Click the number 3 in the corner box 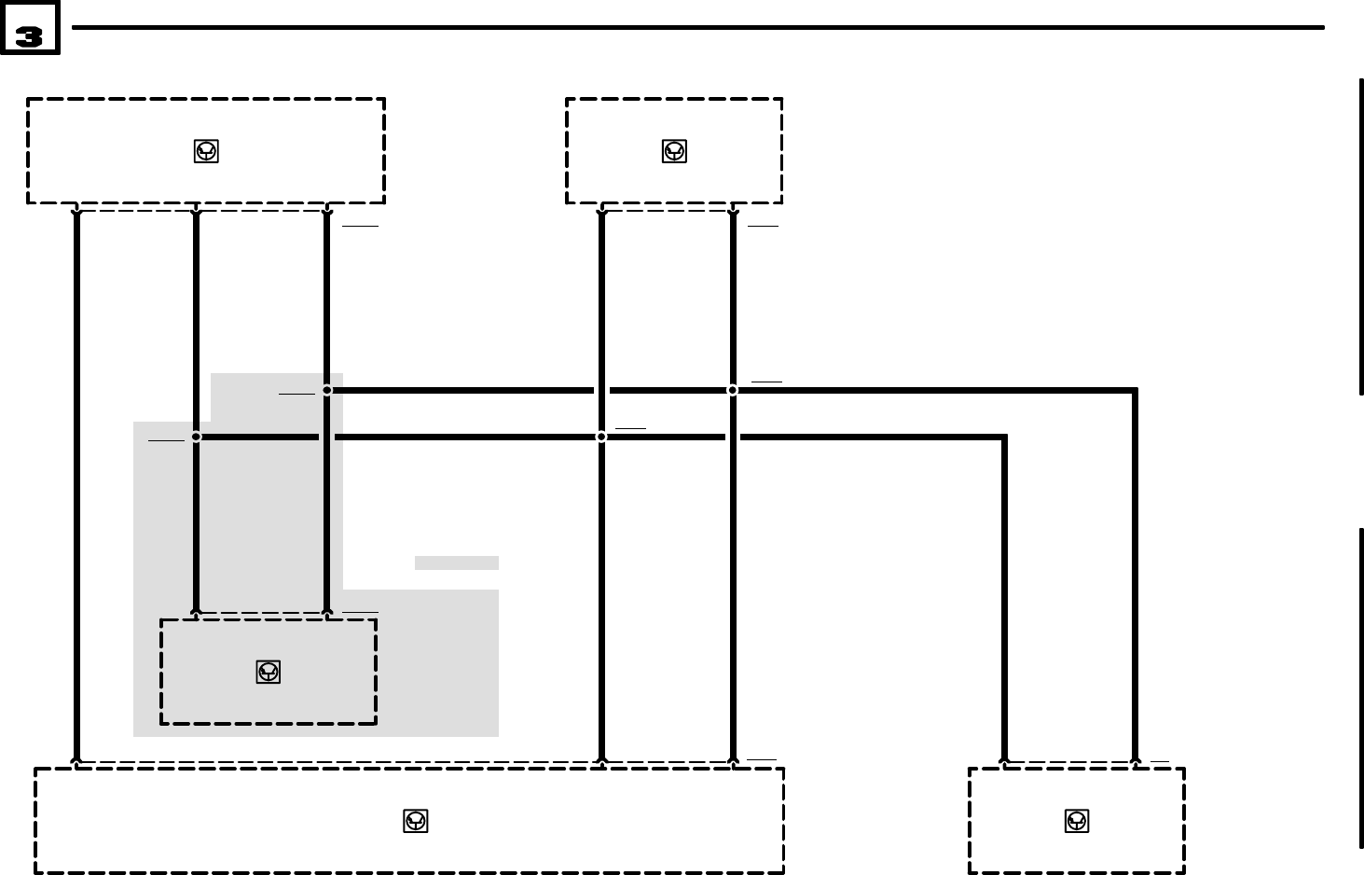click(29, 36)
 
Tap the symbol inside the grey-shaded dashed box click(269, 672)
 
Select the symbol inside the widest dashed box click(416, 821)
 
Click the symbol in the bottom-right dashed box click(1077, 821)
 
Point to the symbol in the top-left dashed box click(206, 151)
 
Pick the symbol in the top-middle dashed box click(674, 151)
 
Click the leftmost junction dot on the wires click(196, 437)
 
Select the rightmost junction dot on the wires click(733, 390)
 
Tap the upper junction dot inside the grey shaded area click(327, 390)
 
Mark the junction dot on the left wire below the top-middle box click(601, 437)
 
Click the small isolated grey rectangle click(457, 562)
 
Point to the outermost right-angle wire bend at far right click(1135, 391)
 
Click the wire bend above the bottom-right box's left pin click(1004, 437)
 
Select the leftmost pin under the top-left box click(76, 212)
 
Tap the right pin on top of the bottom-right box click(1135, 762)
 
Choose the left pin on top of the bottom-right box click(1004, 762)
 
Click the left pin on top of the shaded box click(196, 613)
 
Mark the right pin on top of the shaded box click(327, 613)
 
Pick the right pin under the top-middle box click(733, 212)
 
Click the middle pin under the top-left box click(196, 212)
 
